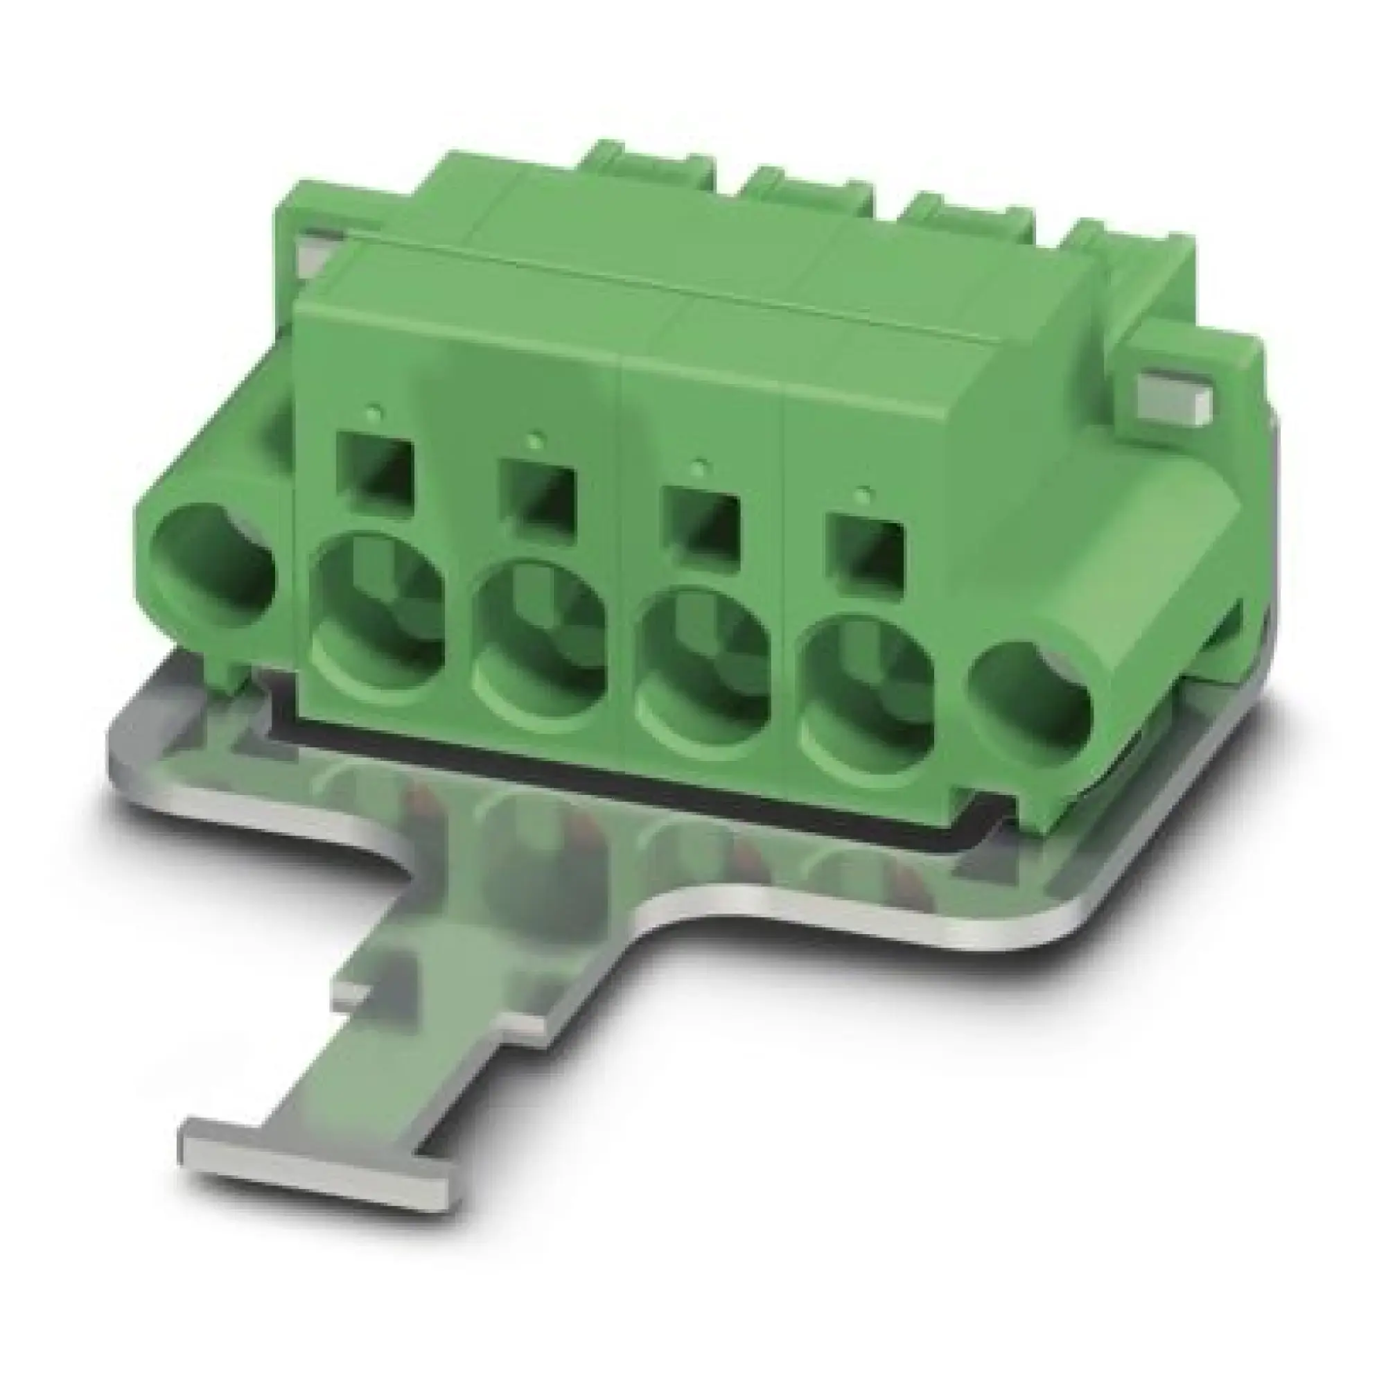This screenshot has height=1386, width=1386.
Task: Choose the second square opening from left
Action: click(538, 492)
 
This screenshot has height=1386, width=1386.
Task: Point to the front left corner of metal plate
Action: click(115, 746)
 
